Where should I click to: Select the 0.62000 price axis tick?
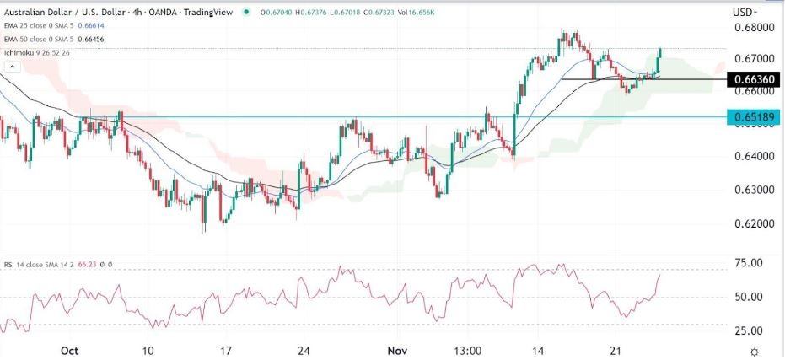pyautogui.click(x=750, y=224)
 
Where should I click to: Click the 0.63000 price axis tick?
pyautogui.click(x=750, y=191)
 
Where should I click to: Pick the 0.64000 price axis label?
pyautogui.click(x=750, y=157)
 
